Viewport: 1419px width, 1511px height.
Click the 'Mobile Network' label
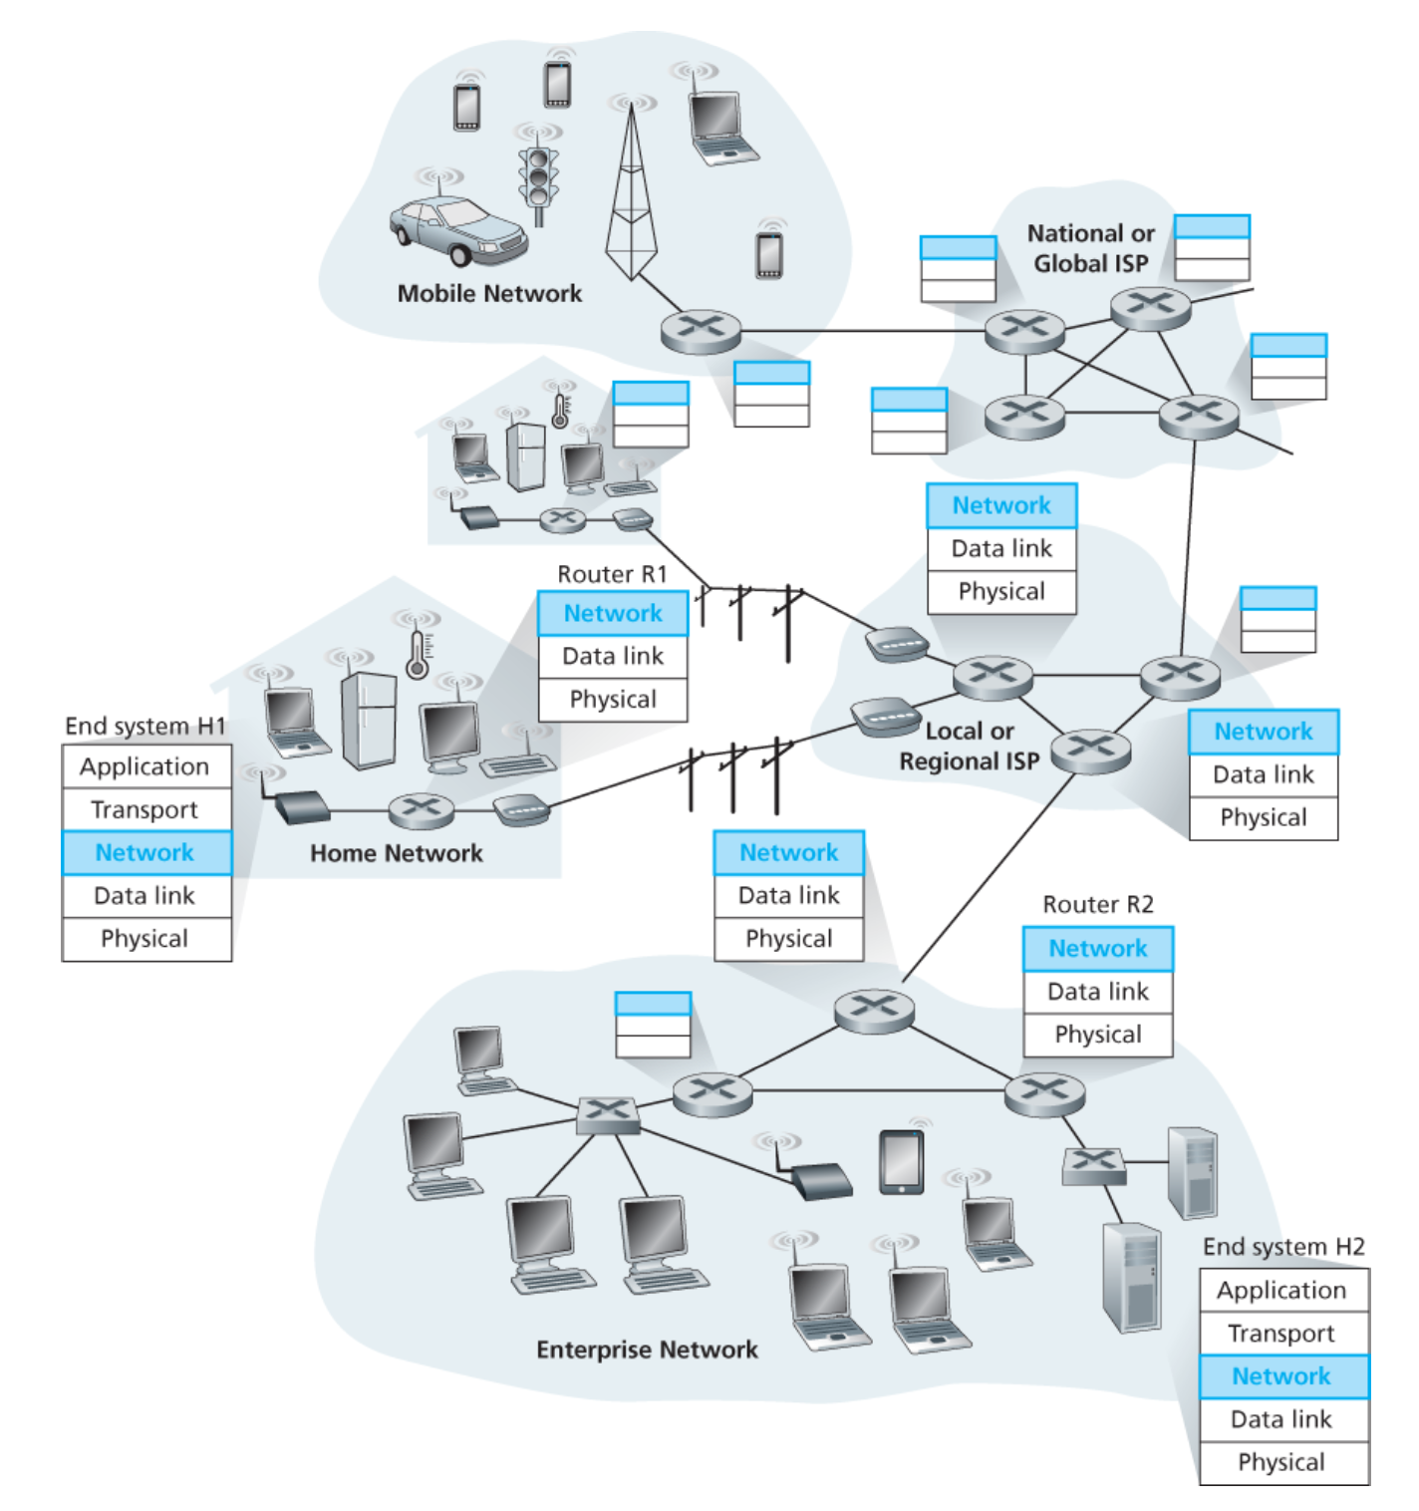(x=489, y=294)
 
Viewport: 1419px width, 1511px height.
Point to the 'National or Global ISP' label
(x=1091, y=248)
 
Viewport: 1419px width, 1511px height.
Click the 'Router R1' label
(x=612, y=574)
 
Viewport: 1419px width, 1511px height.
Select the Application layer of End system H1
(x=145, y=766)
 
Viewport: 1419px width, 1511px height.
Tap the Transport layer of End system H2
(x=1281, y=1334)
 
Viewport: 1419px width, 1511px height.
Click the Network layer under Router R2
(x=1098, y=949)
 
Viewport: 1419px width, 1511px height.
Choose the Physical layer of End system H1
(x=145, y=939)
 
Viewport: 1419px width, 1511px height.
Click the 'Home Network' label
(x=397, y=853)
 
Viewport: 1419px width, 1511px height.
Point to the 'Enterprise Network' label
(x=647, y=1350)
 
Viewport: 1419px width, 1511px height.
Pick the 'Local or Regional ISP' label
(x=970, y=747)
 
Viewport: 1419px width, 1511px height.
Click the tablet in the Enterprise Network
(x=902, y=1161)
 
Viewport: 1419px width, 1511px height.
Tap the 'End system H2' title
(x=1283, y=1247)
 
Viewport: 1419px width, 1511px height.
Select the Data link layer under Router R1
(x=613, y=656)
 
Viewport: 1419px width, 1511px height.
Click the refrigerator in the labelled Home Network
(x=369, y=720)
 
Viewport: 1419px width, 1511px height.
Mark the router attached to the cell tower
(x=702, y=331)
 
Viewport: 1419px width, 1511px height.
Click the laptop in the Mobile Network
(x=719, y=126)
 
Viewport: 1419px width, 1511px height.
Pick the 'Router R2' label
(x=1098, y=905)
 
